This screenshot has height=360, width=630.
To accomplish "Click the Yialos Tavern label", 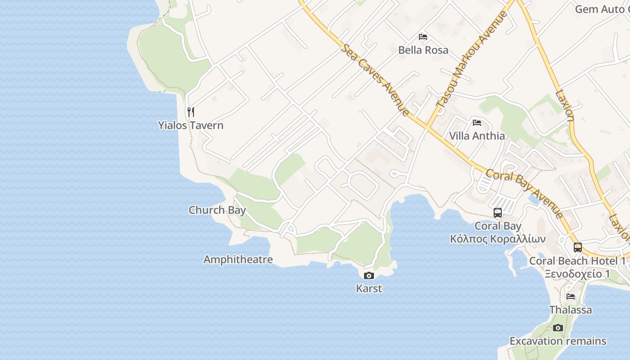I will click(x=190, y=125).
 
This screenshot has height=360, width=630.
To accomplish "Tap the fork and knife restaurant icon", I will click(x=191, y=112).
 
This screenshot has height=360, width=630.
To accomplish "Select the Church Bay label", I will click(x=217, y=210).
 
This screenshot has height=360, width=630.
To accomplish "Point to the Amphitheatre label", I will click(x=238, y=260).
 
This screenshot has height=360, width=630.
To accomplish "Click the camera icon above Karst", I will click(x=369, y=275).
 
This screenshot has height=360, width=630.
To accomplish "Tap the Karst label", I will click(x=369, y=288).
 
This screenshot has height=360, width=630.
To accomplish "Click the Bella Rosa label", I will click(x=423, y=49).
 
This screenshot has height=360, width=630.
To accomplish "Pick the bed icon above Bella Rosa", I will click(x=423, y=36).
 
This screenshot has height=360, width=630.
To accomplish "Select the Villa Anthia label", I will click(x=477, y=136).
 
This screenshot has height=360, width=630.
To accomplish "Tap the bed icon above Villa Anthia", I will click(x=477, y=122).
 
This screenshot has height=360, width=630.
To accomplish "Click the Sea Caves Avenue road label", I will click(x=375, y=80).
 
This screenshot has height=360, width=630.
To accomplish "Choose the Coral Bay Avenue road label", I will click(x=524, y=193).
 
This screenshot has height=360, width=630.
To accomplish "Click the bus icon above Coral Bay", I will click(x=498, y=213).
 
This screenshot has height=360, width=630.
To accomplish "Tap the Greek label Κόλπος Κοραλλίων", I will click(x=498, y=238).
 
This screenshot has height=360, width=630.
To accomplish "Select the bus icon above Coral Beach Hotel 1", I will click(x=578, y=247).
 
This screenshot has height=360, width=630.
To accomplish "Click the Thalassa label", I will click(x=571, y=310).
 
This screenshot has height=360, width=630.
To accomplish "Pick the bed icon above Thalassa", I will click(x=571, y=296).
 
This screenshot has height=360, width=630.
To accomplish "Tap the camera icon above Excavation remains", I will click(x=558, y=328).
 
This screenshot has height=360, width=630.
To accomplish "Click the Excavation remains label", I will click(x=558, y=341).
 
